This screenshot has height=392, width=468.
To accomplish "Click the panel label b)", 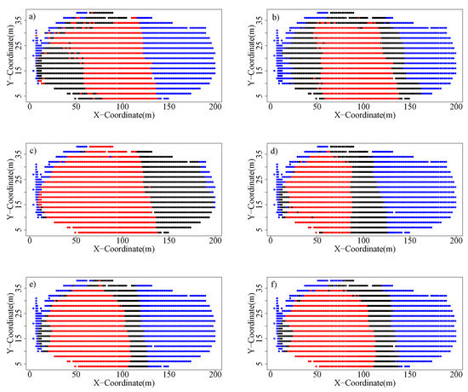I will tap(278, 16).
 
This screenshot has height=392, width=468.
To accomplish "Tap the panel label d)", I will tap(278, 150).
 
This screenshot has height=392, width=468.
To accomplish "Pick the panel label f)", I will tap(278, 283).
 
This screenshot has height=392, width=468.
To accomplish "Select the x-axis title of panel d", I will tap(368, 245).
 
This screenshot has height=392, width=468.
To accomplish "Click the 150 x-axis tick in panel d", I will tap(414, 237).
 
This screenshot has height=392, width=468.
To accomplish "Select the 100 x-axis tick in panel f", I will tap(368, 370).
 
